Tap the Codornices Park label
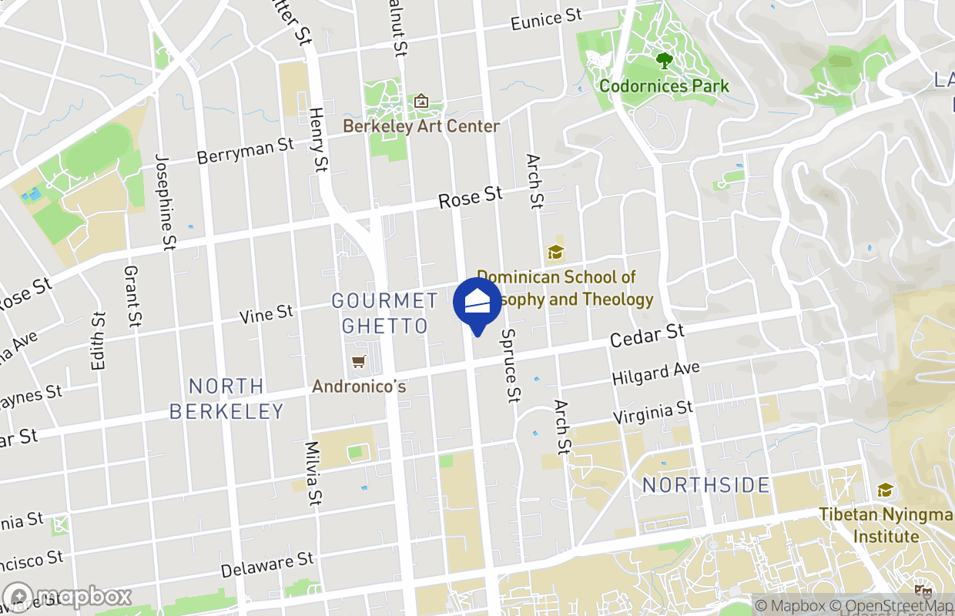click(x=664, y=85)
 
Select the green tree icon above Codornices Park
click(x=664, y=59)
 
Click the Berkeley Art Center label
click(x=421, y=126)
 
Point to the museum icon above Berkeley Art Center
click(x=421, y=101)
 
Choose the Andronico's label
click(x=359, y=386)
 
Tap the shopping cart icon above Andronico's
click(x=358, y=361)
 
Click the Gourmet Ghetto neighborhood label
click(x=385, y=313)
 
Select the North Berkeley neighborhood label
click(x=227, y=398)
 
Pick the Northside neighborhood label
click(x=706, y=485)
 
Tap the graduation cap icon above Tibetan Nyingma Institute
click(x=886, y=490)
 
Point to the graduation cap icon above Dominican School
click(x=555, y=252)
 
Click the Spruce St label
click(x=511, y=366)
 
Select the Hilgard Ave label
click(x=655, y=374)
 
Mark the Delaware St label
click(x=267, y=565)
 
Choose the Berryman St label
click(x=246, y=151)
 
